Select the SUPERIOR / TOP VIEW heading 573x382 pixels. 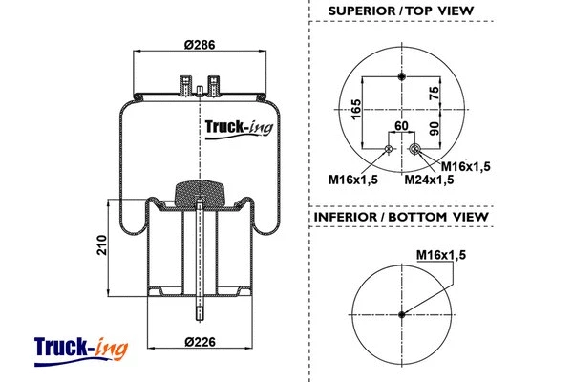click(402, 11)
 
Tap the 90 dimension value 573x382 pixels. click(435, 129)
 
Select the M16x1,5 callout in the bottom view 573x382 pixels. click(442, 254)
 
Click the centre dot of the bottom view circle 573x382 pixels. click(401, 312)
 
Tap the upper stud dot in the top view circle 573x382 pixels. click(401, 76)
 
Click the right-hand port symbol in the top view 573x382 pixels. click(415, 149)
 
